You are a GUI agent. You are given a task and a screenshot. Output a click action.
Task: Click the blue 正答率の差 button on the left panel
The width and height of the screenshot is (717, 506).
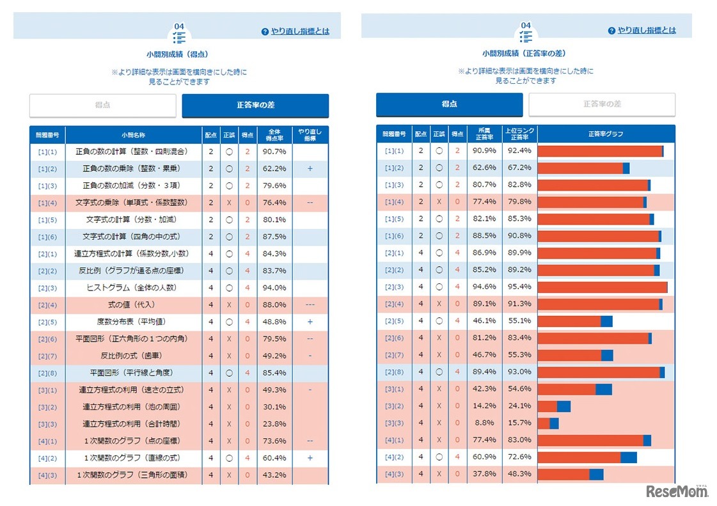tap(255, 106)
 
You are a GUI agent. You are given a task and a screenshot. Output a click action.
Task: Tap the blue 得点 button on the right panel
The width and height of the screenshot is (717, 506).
tap(449, 104)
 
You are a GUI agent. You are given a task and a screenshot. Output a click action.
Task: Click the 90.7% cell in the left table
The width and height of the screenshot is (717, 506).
tap(274, 152)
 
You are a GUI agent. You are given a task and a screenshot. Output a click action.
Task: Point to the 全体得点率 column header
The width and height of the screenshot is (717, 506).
tap(274, 134)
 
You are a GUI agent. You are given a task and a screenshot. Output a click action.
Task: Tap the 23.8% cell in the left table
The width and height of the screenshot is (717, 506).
tap(274, 423)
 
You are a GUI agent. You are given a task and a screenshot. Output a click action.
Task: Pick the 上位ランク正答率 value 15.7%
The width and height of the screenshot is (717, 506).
tap(519, 423)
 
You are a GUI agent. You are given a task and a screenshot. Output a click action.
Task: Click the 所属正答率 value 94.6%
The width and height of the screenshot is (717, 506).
tap(484, 287)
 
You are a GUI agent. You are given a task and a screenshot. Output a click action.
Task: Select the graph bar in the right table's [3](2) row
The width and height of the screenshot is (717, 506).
tap(554, 406)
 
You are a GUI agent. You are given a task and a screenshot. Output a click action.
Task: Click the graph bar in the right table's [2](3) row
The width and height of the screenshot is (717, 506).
tap(602, 287)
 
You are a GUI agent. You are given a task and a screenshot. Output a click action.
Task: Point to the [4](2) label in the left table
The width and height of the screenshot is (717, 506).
tap(47, 458)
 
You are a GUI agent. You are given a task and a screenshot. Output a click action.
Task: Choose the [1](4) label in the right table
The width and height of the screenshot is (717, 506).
tap(393, 202)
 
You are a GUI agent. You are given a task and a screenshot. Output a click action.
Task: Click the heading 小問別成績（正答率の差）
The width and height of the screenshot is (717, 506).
tap(524, 54)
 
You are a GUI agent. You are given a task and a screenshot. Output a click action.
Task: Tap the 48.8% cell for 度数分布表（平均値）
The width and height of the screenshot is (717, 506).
tap(274, 322)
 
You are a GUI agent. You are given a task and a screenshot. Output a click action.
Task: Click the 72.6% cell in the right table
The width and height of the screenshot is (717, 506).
tap(519, 457)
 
